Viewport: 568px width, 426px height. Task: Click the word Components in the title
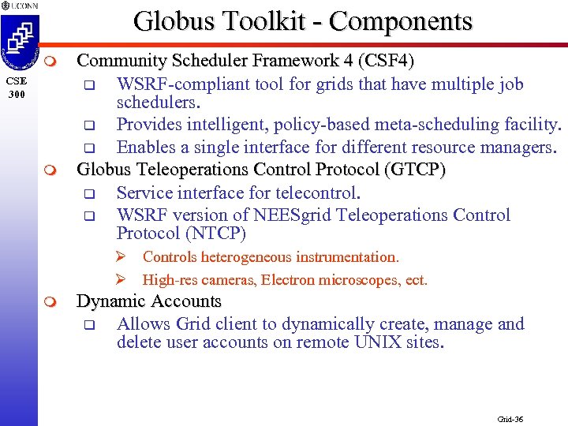(x=401, y=21)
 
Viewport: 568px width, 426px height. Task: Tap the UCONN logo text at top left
(x=24, y=5)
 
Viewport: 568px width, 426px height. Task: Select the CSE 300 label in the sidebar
(x=17, y=87)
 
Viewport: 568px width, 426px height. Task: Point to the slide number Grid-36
(x=511, y=419)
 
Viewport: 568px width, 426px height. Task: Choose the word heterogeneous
(x=251, y=257)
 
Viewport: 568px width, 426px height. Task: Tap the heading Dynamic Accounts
(x=148, y=301)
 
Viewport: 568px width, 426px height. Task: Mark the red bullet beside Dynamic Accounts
(x=50, y=302)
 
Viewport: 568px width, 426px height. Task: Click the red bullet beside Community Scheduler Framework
(x=50, y=62)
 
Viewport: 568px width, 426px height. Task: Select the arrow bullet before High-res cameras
(x=121, y=280)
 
